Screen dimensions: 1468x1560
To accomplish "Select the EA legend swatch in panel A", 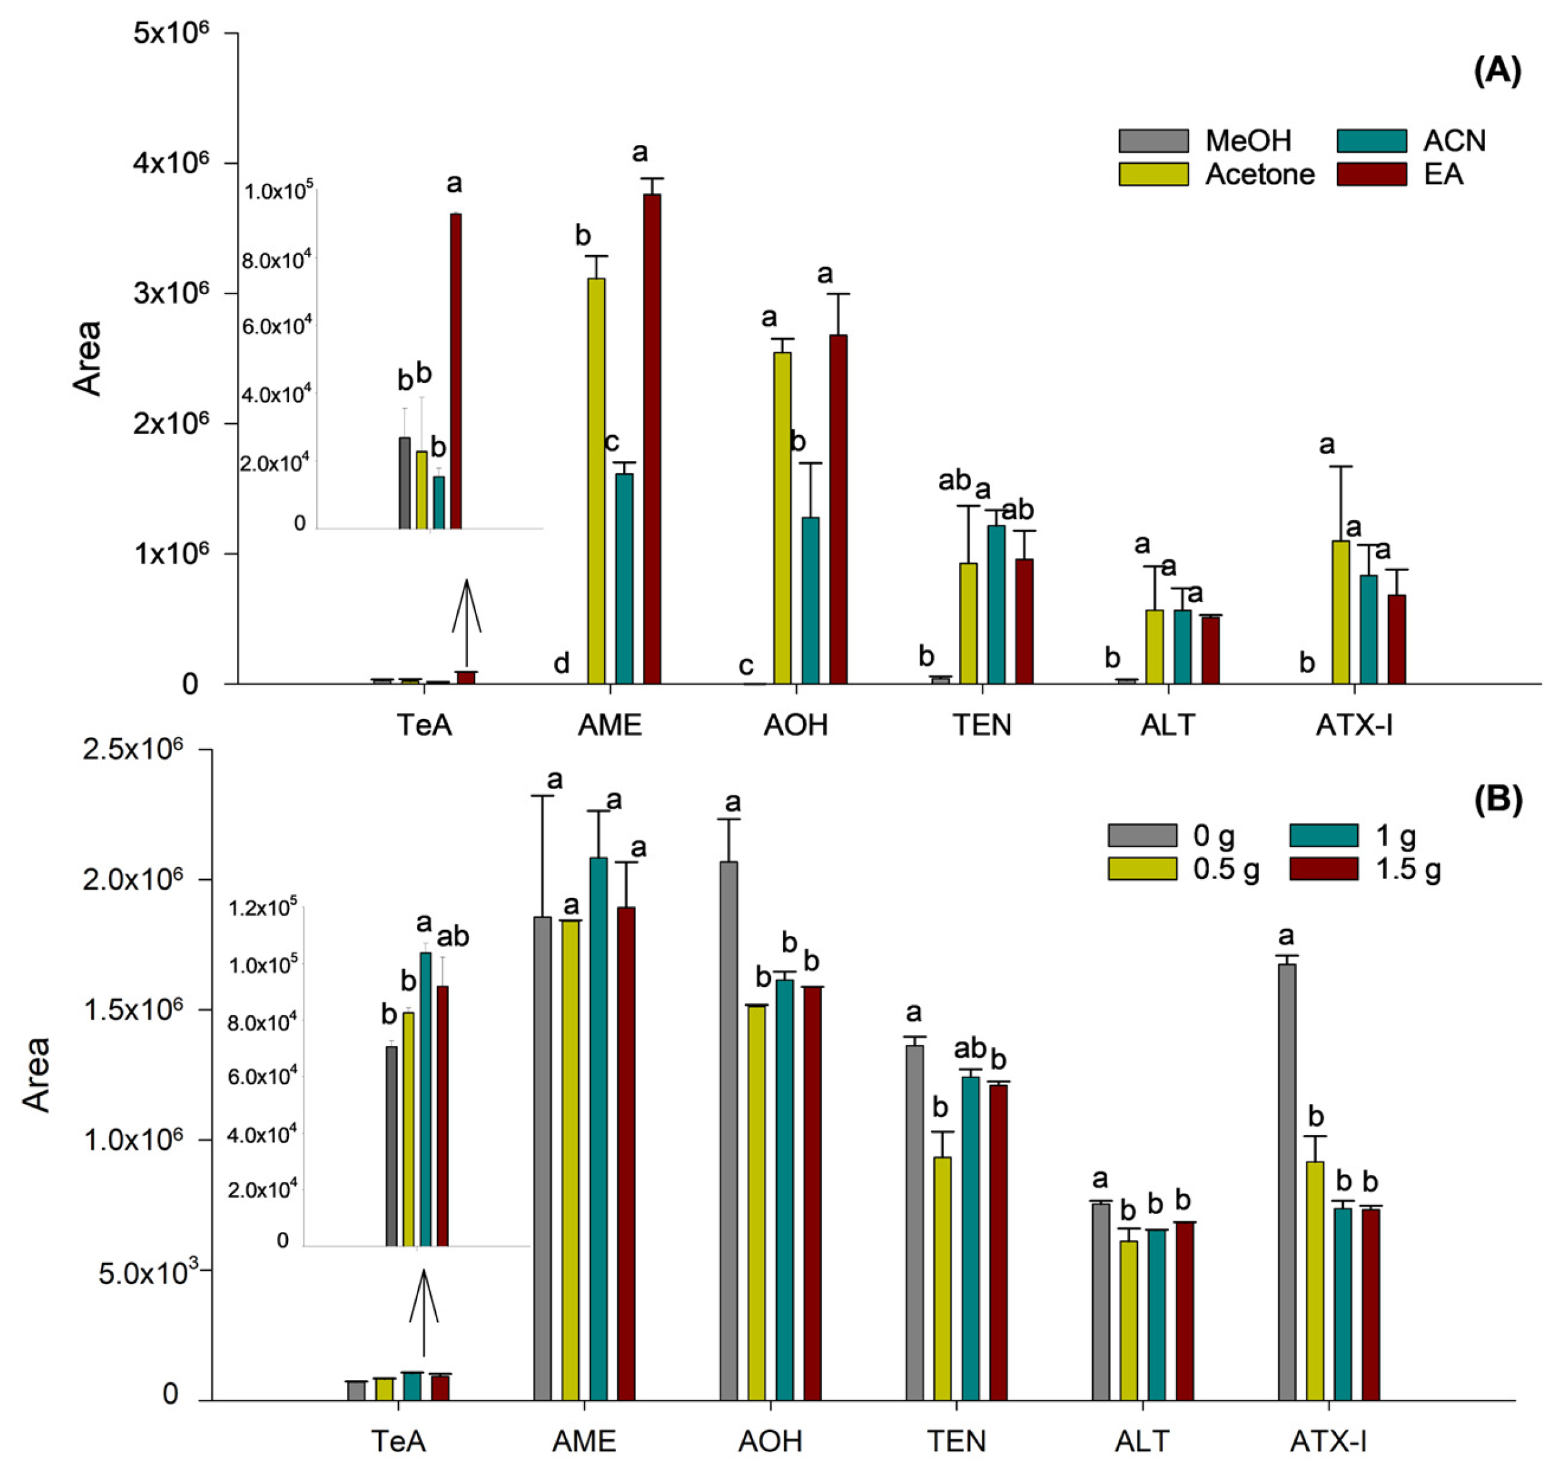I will coord(1371,173).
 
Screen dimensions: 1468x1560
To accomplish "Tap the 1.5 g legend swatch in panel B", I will coord(1323,868).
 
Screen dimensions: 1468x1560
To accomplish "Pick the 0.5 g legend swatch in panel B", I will coord(1142,868).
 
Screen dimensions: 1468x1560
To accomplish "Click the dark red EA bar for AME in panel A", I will coord(652,440).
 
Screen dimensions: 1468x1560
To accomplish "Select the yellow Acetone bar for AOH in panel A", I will coord(782,518).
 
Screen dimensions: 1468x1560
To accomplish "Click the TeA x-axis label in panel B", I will coord(399,1440).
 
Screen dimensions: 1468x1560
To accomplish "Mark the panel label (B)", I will coord(1497,800).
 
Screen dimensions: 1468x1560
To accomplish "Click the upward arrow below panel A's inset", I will coord(466,620).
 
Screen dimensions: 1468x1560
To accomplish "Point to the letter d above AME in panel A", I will coord(561,664).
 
